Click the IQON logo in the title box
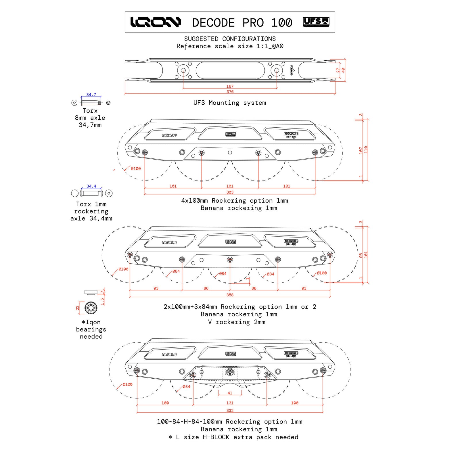coord(156,22)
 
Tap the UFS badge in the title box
coord(316,22)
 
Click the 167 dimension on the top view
coord(230,86)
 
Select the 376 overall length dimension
coord(230,92)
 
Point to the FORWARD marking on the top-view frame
coord(292,70)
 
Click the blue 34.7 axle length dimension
coord(91,95)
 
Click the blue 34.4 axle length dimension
coord(91,186)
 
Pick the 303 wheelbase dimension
coord(230,192)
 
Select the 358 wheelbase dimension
coord(230,295)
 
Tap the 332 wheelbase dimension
coord(230,411)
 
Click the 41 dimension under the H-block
coord(230,393)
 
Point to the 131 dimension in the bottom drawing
coord(230,403)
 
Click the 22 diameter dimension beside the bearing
coord(77,308)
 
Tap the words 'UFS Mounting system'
coord(230,103)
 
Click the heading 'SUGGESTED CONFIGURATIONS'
coord(230,39)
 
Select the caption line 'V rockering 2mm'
coord(236,322)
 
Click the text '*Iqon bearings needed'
coord(91,329)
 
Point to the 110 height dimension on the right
coord(366,149)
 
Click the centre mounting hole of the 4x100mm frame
coord(230,152)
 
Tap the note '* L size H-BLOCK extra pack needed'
coord(233,437)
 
